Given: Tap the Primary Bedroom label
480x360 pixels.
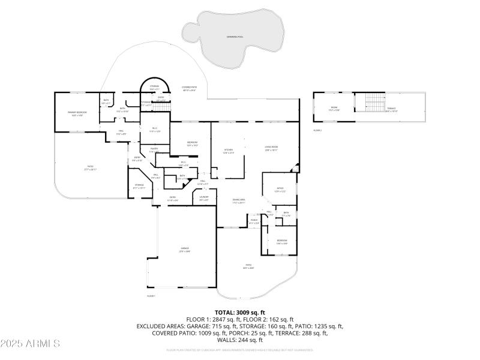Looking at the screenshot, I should pos(77,113).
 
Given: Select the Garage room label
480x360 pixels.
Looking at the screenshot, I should pos(185,250).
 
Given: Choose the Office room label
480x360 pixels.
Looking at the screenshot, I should pos(280,190).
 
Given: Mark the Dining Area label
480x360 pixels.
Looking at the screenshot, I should pos(239,201).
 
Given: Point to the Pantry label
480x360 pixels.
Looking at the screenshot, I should pos(154,151).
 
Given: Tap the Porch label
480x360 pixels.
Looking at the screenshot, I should pos(254,221).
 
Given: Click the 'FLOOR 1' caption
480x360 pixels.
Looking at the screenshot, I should pos(151,296).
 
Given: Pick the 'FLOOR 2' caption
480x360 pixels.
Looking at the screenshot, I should pos(317,130).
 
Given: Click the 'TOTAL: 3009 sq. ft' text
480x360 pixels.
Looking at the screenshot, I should pos(239,312).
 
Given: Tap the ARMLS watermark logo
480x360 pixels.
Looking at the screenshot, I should pos(30,343).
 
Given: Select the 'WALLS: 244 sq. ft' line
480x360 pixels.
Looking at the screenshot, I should pos(239,340).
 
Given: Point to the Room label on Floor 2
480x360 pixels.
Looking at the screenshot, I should pos(334,109).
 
